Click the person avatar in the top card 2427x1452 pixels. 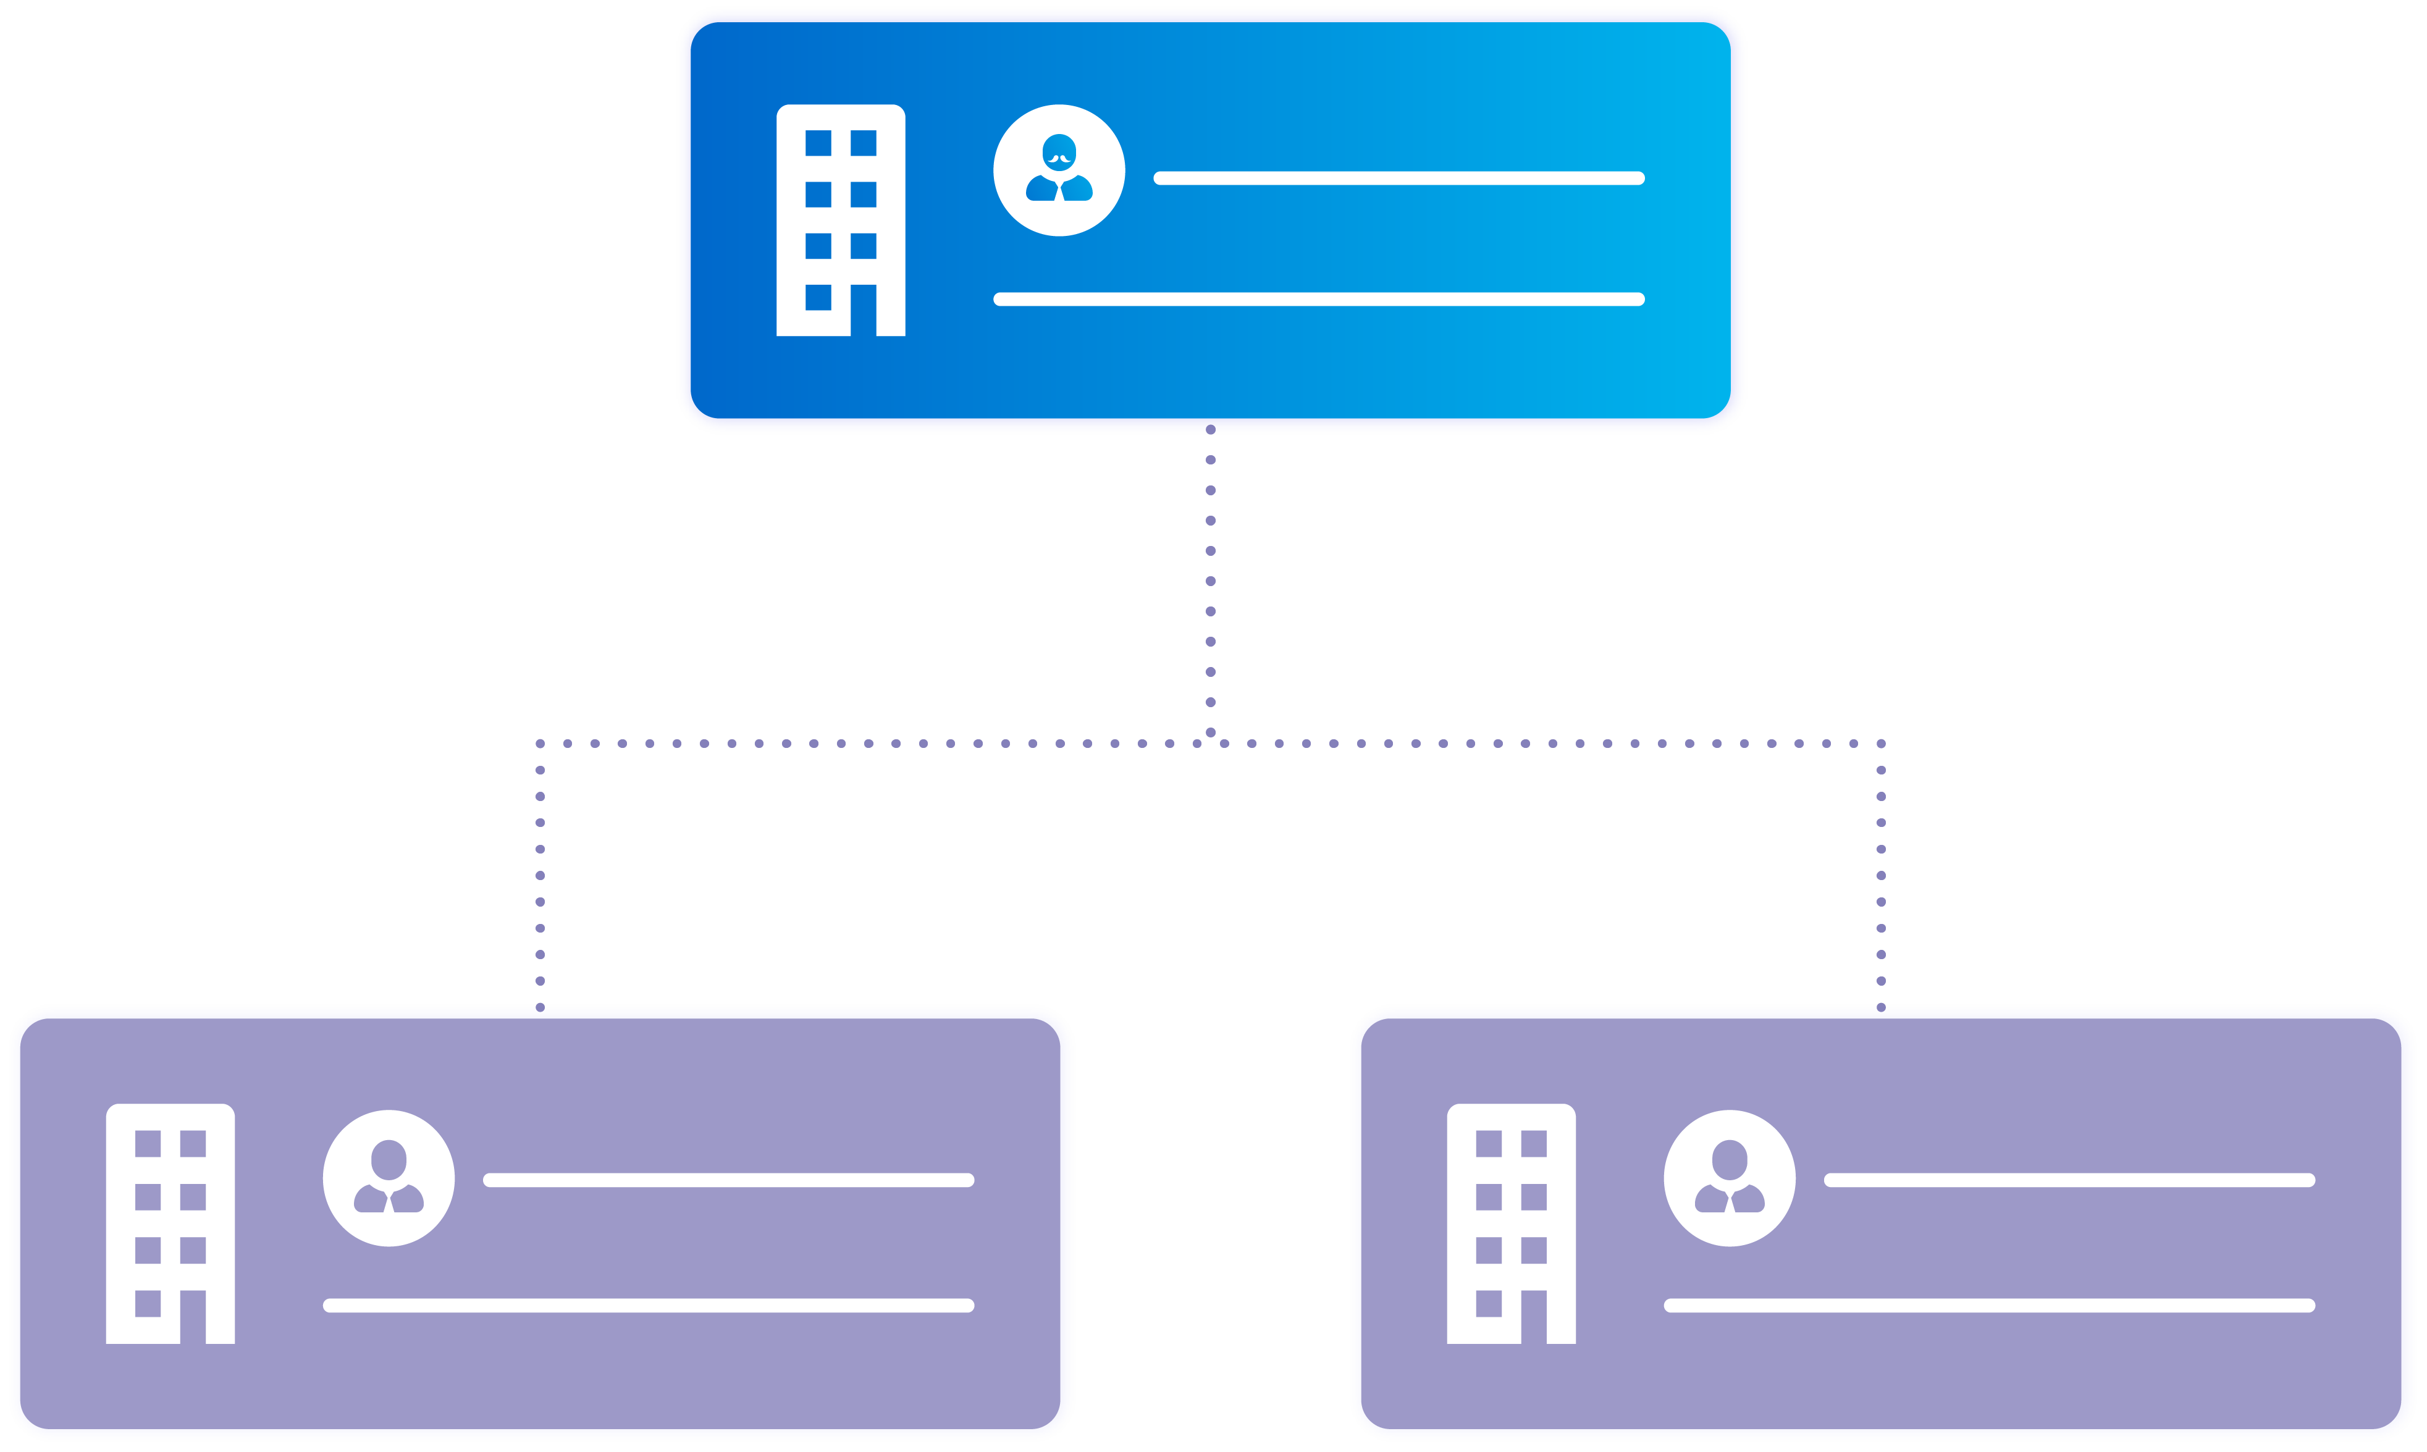coord(1059,170)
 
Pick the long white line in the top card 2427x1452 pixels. coord(1318,300)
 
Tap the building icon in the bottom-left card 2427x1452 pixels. coord(170,1223)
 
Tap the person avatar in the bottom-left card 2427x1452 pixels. coord(389,1178)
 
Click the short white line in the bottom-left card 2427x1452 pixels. coord(728,1180)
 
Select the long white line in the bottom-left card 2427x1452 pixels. coord(648,1305)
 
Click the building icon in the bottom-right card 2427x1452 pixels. coord(1511,1223)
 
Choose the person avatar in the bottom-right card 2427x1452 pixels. coord(1729,1178)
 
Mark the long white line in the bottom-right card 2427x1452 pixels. coord(1988,1305)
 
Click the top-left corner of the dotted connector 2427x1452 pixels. coord(541,744)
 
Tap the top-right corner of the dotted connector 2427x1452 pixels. coord(1881,744)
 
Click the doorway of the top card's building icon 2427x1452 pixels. coord(863,311)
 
